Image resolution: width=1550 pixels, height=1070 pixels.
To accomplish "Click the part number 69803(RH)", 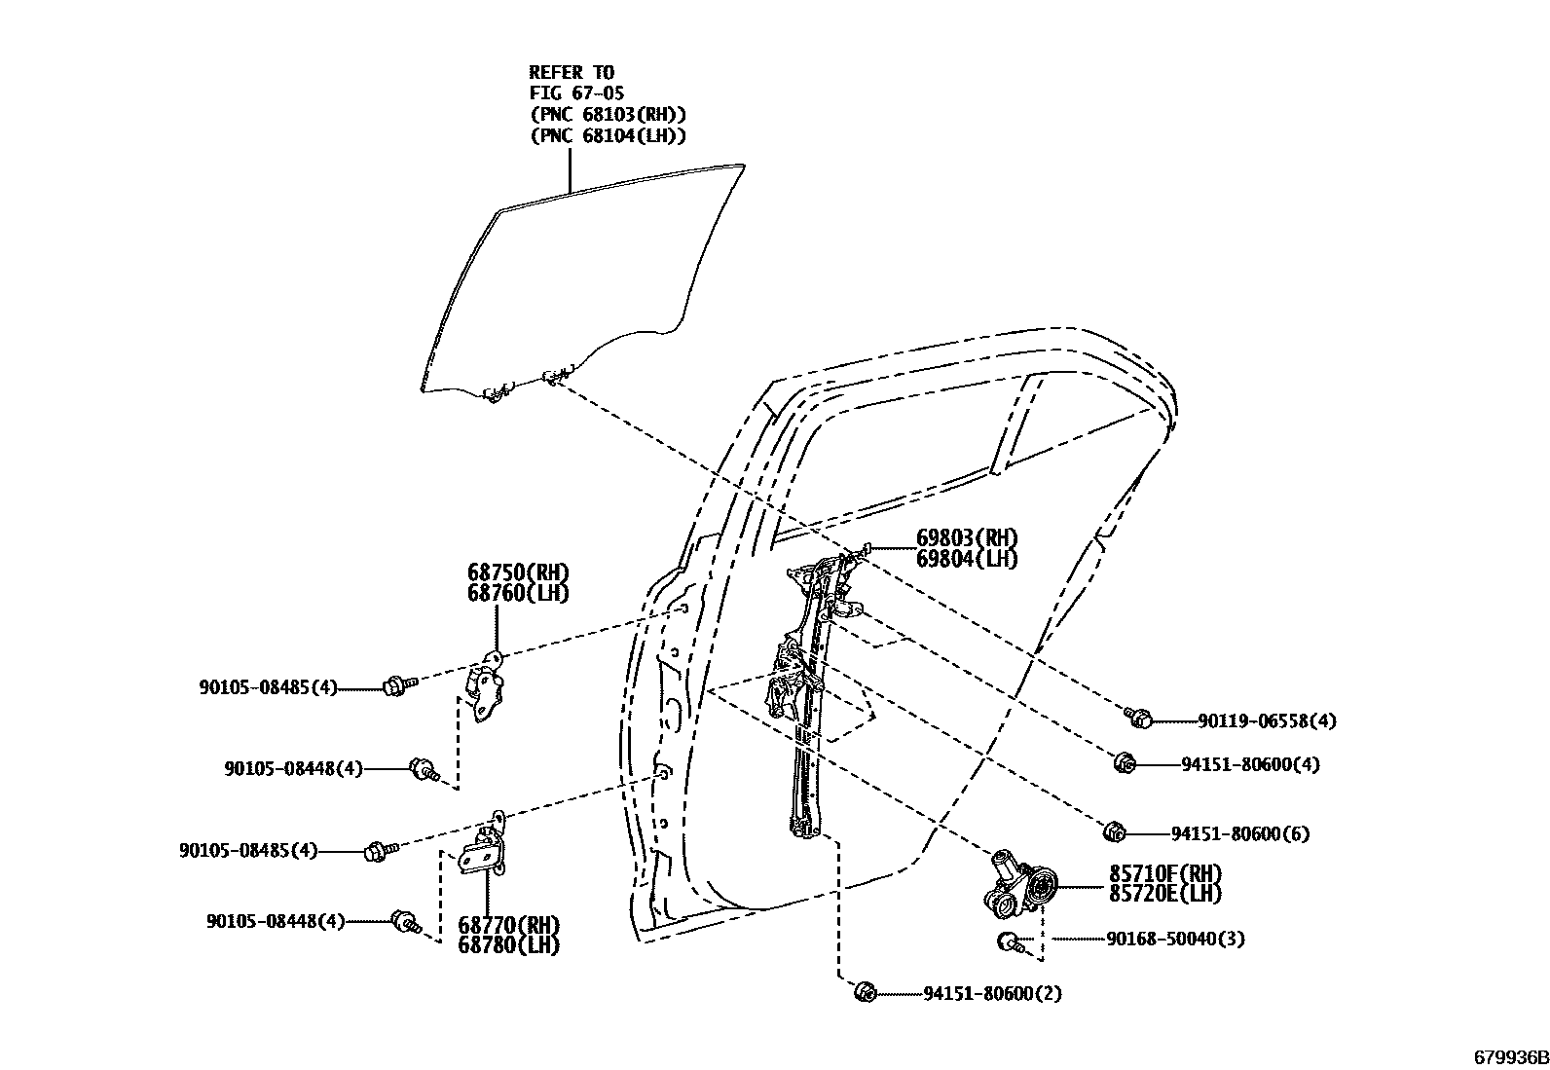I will click(x=966, y=538).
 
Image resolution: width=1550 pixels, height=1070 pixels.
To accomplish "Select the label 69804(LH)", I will click(x=966, y=559).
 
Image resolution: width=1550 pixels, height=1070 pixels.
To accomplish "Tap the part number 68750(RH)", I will click(x=517, y=572).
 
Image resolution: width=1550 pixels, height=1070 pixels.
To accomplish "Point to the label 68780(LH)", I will click(x=508, y=944).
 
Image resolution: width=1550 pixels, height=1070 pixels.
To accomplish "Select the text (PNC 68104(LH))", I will click(x=608, y=136).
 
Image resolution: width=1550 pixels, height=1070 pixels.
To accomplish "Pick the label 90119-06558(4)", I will click(x=1267, y=721).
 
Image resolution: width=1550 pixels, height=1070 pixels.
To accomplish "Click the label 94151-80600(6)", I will click(x=1239, y=833).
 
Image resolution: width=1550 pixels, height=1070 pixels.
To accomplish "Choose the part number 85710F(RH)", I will click(x=1164, y=872).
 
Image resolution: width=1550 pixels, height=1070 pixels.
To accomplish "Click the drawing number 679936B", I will click(x=1508, y=1057).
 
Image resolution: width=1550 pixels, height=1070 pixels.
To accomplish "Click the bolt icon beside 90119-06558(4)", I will click(x=1138, y=719).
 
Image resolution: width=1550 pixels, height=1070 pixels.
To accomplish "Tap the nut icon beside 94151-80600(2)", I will click(x=863, y=992).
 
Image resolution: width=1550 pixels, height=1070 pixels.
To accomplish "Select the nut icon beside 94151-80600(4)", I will click(x=1124, y=762).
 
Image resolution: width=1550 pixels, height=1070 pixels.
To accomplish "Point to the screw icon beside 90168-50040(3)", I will click(x=1011, y=941).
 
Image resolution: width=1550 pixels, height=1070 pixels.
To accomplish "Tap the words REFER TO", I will click(x=572, y=72).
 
